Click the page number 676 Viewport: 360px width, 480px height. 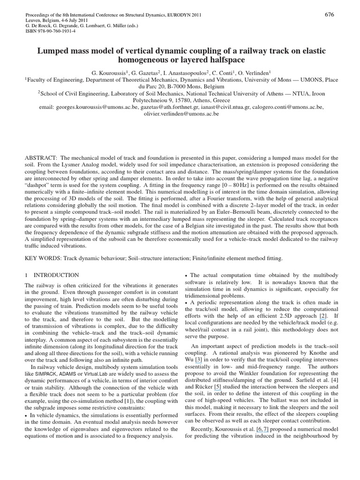329,15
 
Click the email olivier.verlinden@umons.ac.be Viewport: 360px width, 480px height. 180,113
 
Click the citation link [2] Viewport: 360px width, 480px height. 323,316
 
